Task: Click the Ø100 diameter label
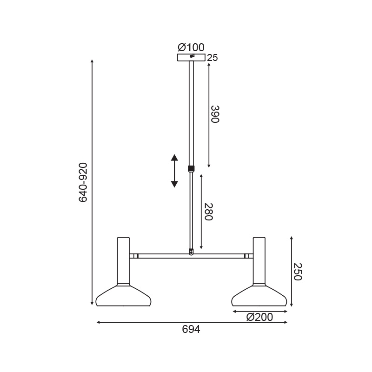[x=191, y=47]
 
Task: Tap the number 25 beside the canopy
[x=213, y=58]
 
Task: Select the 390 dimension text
[x=215, y=114]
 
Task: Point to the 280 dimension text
[x=208, y=212]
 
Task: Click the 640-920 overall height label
[x=83, y=182]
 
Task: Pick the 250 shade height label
[x=298, y=272]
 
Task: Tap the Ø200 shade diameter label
[x=259, y=317]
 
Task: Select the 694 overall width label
[x=191, y=329]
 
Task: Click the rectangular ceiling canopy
[x=191, y=58]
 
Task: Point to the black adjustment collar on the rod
[x=191, y=169]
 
